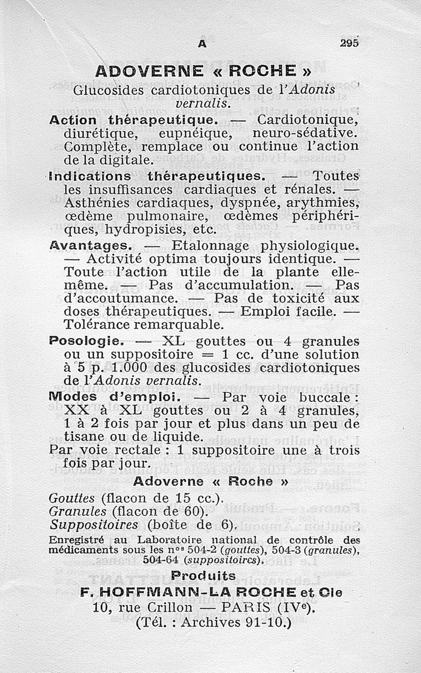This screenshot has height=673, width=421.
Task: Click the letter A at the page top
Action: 202,45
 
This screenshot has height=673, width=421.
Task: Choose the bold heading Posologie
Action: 86,341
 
